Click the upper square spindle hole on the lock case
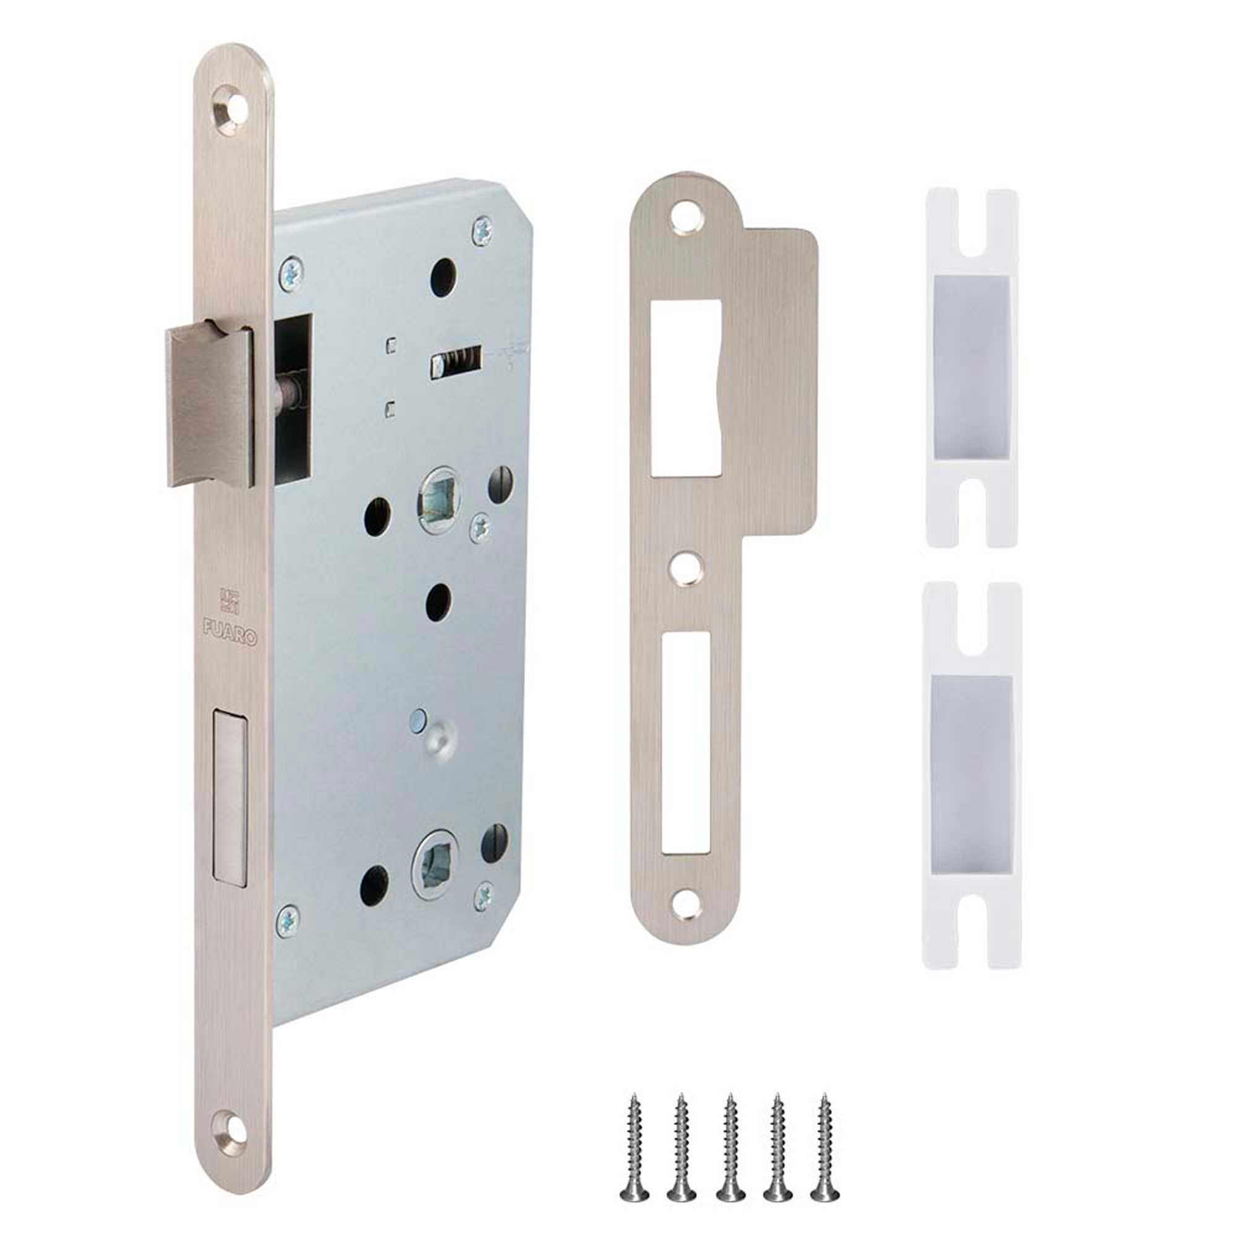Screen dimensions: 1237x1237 tap(437, 498)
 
